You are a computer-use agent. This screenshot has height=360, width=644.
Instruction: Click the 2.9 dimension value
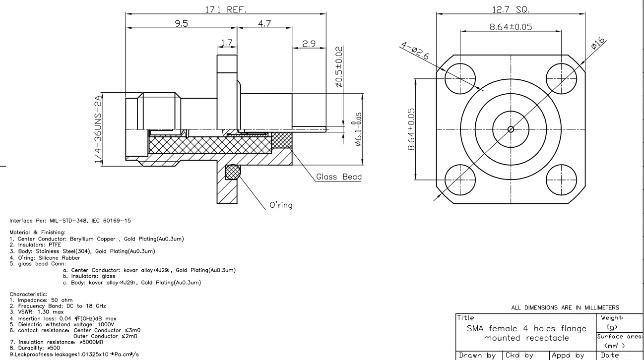pos(310,44)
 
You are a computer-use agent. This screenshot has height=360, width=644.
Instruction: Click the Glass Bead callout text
pos(339,178)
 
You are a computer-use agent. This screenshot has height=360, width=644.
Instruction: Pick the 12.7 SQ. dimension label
pos(511,8)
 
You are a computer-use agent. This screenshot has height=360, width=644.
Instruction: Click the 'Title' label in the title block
pos(464,318)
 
